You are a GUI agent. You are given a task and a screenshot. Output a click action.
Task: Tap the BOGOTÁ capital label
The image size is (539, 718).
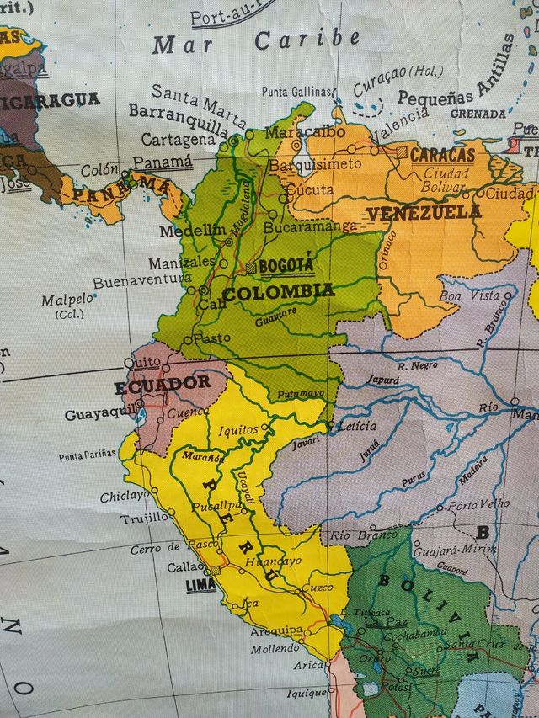pos(286,266)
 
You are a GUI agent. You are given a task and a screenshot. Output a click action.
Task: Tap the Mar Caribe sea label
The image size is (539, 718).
pos(257,40)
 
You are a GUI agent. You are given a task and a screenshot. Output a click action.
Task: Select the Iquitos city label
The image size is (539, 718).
pos(237,430)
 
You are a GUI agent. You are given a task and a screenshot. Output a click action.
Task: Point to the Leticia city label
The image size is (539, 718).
pos(356,426)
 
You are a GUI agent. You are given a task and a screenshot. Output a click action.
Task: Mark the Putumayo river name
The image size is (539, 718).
pos(300,393)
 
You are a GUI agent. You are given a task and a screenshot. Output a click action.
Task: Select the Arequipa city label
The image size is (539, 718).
pos(275,630)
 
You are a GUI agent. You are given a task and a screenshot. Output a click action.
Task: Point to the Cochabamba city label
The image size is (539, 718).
pos(414,633)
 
